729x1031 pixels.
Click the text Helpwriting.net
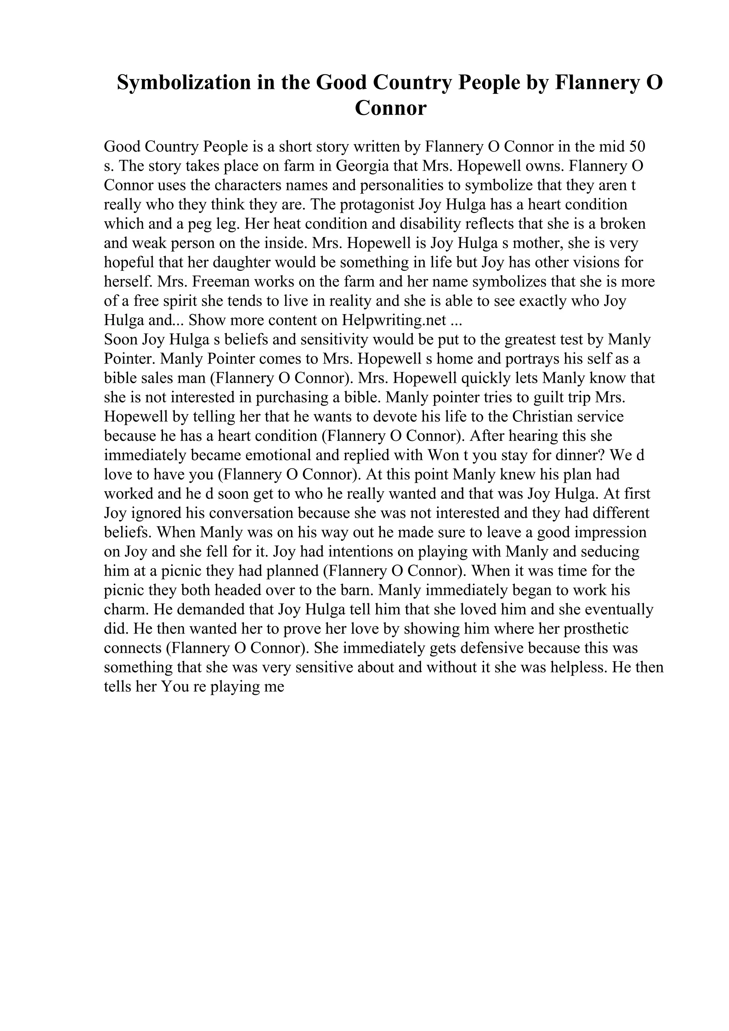394,321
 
